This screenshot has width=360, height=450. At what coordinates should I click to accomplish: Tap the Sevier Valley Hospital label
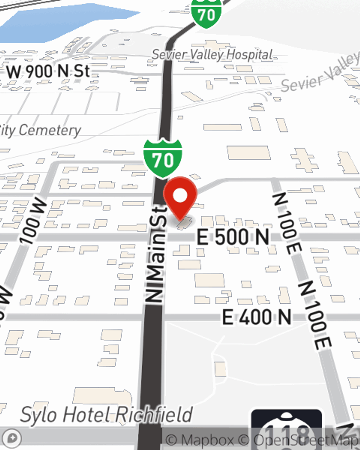[x=212, y=55]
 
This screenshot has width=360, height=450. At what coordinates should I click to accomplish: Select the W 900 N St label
[x=48, y=71]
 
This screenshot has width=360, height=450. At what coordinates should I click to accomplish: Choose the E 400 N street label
[x=256, y=317]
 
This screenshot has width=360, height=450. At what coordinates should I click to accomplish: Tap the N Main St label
[x=156, y=254]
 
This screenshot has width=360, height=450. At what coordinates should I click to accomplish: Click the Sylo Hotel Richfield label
[x=107, y=415]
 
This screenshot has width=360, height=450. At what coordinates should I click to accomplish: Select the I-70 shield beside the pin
[x=163, y=158]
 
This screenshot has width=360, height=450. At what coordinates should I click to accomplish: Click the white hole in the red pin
[x=180, y=196]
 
